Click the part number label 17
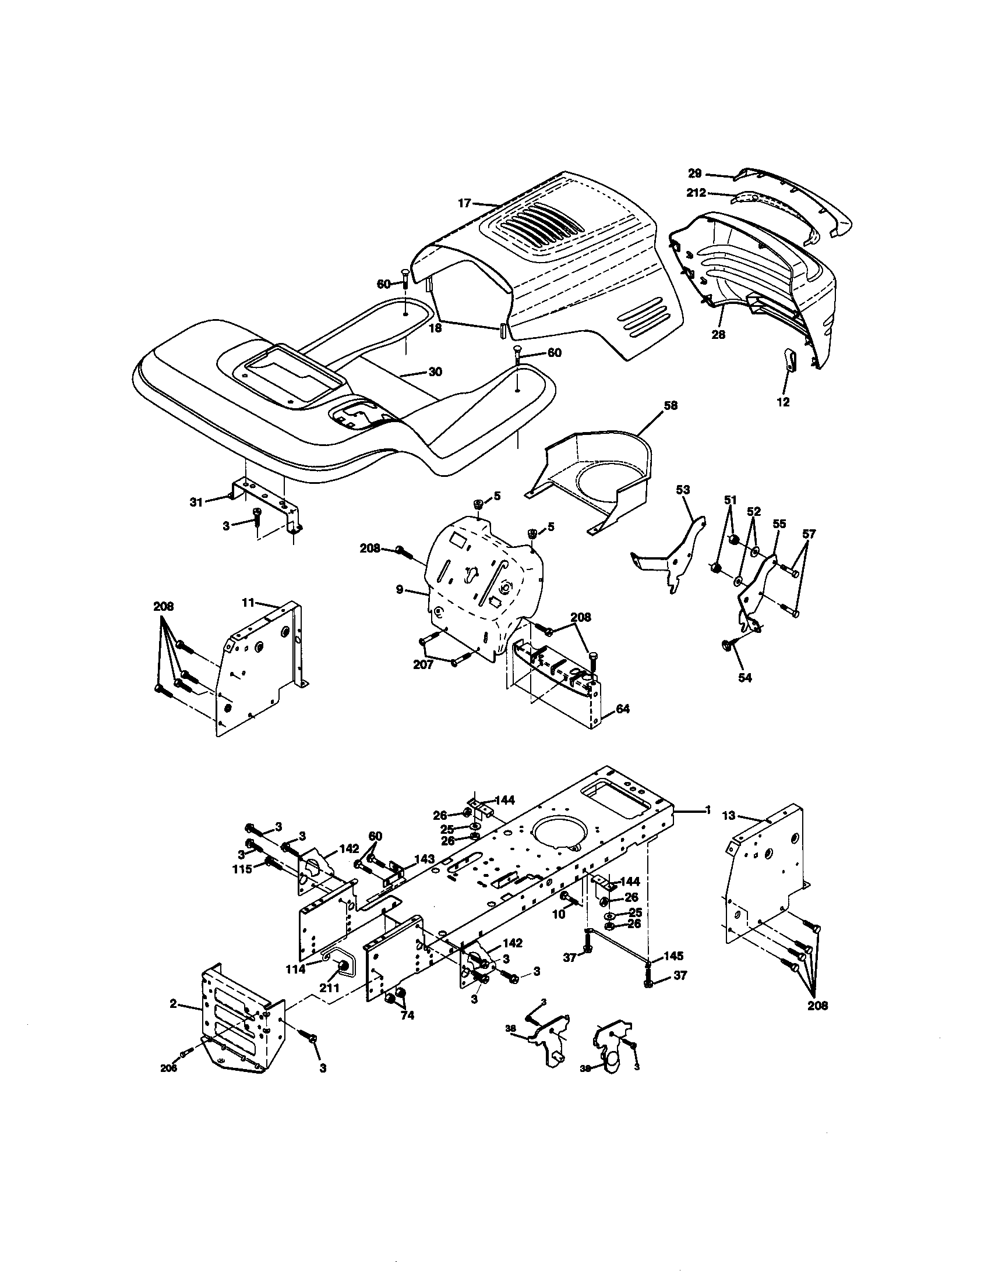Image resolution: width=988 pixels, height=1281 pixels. [x=465, y=204]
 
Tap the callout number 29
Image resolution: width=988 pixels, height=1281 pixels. [x=694, y=174]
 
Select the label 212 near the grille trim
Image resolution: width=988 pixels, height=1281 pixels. [x=697, y=193]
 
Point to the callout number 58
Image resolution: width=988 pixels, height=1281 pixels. [x=670, y=406]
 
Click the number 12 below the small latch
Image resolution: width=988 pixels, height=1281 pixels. [x=784, y=402]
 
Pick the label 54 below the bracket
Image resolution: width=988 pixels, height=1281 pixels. [x=744, y=678]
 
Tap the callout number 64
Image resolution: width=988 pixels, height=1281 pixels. [x=623, y=709]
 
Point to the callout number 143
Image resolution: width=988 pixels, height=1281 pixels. [x=424, y=859]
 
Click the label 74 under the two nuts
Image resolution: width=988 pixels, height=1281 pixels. [x=407, y=1016]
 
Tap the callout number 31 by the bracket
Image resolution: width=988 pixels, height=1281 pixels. [x=196, y=502]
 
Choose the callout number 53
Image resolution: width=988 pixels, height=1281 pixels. [x=683, y=490]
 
